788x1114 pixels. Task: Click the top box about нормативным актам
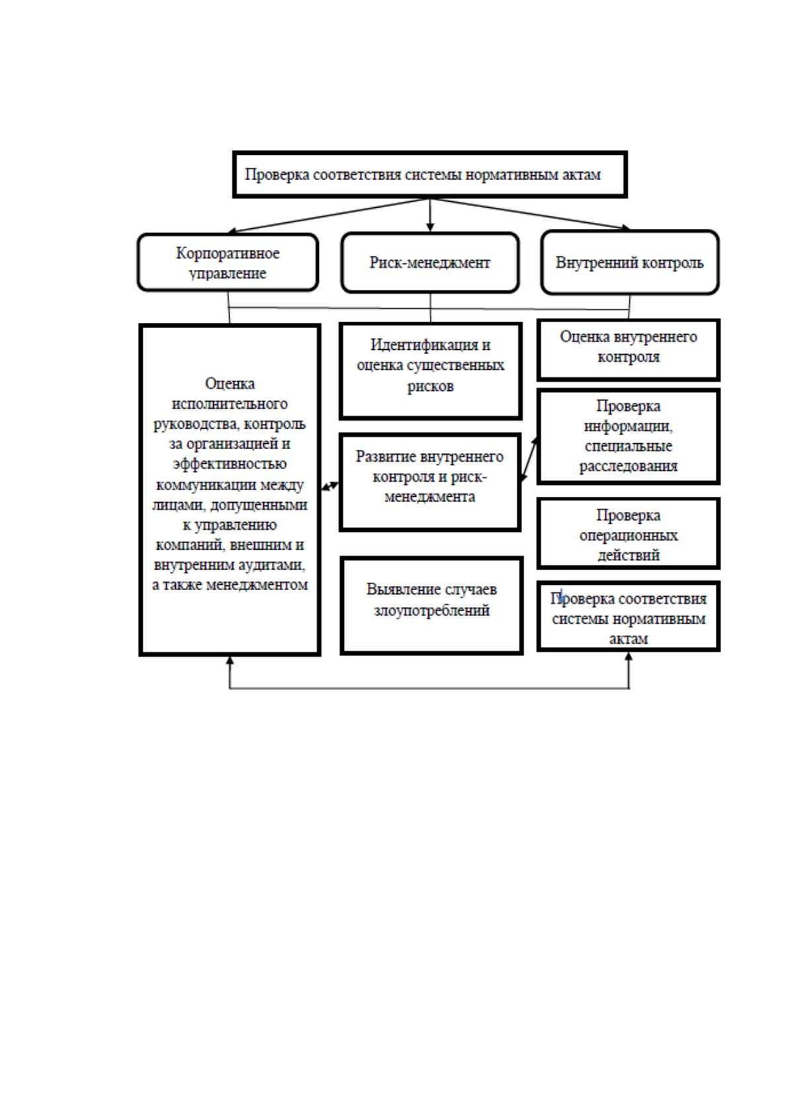tap(430, 175)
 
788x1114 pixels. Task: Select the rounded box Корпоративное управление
tap(228, 262)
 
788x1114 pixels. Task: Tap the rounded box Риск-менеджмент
tap(430, 262)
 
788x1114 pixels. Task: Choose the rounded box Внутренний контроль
tap(629, 262)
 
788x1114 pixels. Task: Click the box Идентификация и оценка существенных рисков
tap(430, 371)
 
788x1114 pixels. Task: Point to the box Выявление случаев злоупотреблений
tap(431, 606)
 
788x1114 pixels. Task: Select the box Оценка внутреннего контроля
tap(629, 350)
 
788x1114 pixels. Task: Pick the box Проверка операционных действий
tap(629, 534)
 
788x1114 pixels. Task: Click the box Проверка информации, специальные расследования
tap(629, 436)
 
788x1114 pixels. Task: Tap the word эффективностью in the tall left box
tap(230, 464)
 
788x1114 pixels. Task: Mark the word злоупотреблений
tap(431, 610)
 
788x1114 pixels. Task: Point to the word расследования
tap(629, 466)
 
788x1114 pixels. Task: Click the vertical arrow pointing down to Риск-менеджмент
tap(430, 215)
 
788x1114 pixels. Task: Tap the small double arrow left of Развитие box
tap(330, 486)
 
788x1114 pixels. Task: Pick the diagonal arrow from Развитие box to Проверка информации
tap(529, 460)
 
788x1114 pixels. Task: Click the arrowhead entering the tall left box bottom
tap(230, 660)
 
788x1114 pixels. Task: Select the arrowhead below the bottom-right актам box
tap(629, 657)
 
